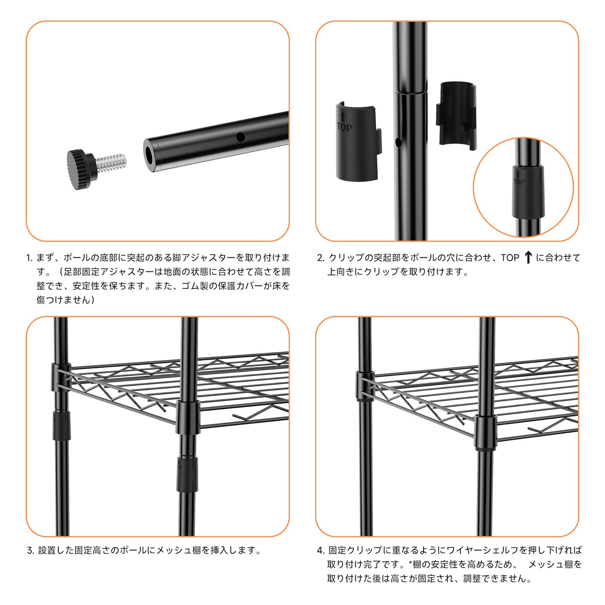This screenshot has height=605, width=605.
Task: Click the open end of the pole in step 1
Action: click(x=150, y=155)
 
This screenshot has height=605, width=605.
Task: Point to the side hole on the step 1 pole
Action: click(x=240, y=137)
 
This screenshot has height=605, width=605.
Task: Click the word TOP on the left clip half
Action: click(x=344, y=128)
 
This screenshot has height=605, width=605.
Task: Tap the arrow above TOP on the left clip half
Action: click(x=343, y=116)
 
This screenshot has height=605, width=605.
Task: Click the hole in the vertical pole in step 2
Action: click(x=398, y=143)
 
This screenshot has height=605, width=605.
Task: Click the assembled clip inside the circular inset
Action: click(x=528, y=192)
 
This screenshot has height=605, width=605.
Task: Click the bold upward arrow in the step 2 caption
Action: click(x=528, y=258)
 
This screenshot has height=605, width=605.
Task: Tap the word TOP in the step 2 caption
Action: click(x=510, y=258)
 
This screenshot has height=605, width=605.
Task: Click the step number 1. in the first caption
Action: click(x=29, y=258)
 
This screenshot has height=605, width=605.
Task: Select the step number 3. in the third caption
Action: click(x=31, y=551)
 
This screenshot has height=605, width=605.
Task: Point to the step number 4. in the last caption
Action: click(x=320, y=551)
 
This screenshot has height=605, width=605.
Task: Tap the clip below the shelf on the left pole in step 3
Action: click(x=60, y=425)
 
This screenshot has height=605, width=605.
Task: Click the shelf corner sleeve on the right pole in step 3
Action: click(x=188, y=417)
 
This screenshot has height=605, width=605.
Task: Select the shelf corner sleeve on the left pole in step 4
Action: click(x=365, y=386)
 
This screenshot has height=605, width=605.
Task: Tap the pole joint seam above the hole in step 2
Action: click(x=410, y=92)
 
